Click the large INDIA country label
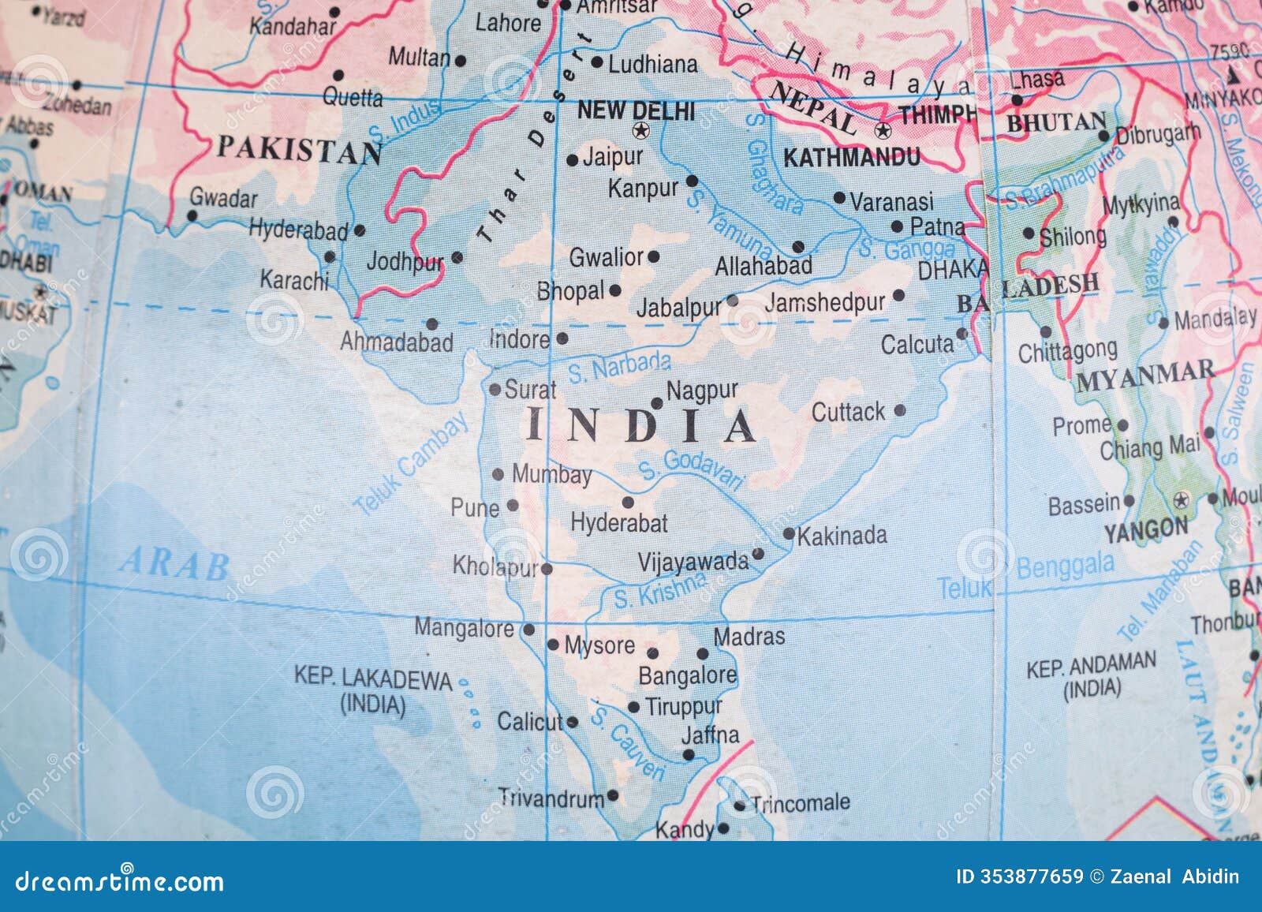pyautogui.click(x=640, y=426)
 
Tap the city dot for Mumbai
pyautogui.click(x=498, y=475)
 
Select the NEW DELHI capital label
pyautogui.click(x=637, y=110)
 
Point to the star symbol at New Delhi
pyautogui.click(x=640, y=130)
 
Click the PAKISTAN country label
pyautogui.click(x=300, y=150)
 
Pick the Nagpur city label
pyautogui.click(x=702, y=391)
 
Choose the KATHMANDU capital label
pyautogui.click(x=851, y=158)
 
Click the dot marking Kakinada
pyautogui.click(x=788, y=534)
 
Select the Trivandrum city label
pyautogui.click(x=551, y=798)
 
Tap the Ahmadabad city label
pyautogui.click(x=397, y=342)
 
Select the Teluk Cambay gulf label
pyautogui.click(x=411, y=465)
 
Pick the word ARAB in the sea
pyautogui.click(x=175, y=565)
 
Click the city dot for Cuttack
pyautogui.click(x=900, y=410)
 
